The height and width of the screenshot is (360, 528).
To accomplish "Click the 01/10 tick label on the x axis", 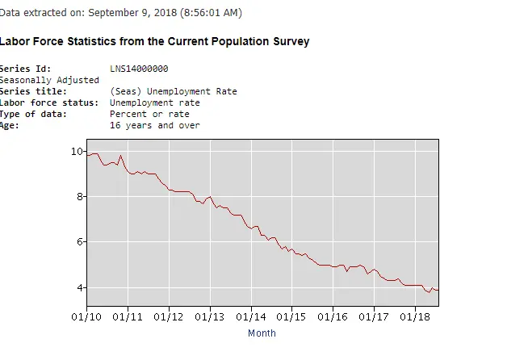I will pyautogui.click(x=87, y=316).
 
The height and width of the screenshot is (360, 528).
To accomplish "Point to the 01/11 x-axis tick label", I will pyautogui.click(x=128, y=316).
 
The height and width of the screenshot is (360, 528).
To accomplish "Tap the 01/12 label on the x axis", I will pyautogui.click(x=170, y=316).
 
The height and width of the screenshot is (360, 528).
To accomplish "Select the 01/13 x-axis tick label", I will pyautogui.click(x=211, y=316).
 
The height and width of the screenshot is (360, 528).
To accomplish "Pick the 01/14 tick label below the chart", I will pyautogui.click(x=252, y=316).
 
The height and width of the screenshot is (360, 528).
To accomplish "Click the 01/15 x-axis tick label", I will pyautogui.click(x=293, y=316).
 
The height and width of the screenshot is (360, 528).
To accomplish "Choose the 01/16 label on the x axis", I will pyautogui.click(x=333, y=316).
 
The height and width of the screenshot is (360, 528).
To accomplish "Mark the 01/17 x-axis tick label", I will pyautogui.click(x=375, y=316).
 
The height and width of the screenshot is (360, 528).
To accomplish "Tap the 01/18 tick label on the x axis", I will pyautogui.click(x=416, y=316).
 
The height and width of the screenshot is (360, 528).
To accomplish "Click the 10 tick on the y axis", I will pyautogui.click(x=77, y=151).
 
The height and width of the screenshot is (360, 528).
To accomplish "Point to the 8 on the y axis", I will pyautogui.click(x=79, y=196).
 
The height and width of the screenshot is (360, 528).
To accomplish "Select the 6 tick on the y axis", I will pyautogui.click(x=79, y=242).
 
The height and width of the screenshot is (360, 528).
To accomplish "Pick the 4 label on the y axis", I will pyautogui.click(x=79, y=287).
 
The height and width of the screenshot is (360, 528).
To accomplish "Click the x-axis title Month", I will pyautogui.click(x=262, y=333).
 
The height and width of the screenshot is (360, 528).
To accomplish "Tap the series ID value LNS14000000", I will pyautogui.click(x=139, y=69).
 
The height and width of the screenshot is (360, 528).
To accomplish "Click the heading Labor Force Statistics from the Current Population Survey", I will pyautogui.click(x=154, y=41).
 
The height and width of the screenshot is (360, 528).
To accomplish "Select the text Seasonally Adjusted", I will pyautogui.click(x=49, y=80).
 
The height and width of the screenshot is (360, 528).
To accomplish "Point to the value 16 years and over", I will pyautogui.click(x=155, y=125).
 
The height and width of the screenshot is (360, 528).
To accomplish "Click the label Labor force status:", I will pyautogui.click(x=48, y=103).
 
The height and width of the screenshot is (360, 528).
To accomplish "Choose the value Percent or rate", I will pyautogui.click(x=149, y=114).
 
